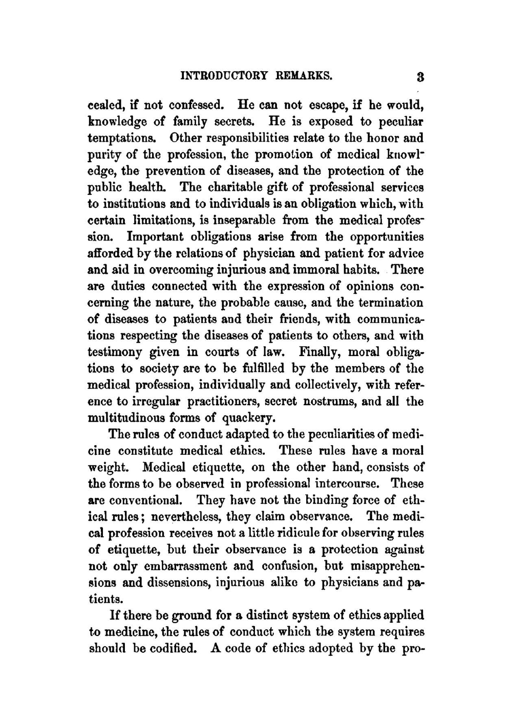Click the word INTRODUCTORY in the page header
[x=225, y=76]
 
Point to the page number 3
[x=419, y=77]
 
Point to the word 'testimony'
[x=117, y=353]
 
